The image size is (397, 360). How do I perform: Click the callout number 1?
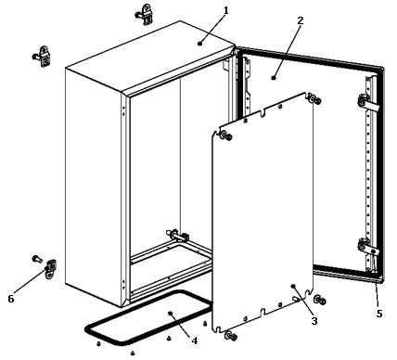point(226,11)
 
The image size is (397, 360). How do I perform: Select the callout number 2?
point(301,20)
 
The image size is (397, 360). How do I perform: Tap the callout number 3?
point(314,321)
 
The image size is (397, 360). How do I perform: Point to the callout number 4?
point(194,341)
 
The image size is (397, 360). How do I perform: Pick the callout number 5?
point(379,314)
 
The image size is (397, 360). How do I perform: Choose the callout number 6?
point(11,299)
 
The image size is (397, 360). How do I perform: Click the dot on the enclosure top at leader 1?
point(200,44)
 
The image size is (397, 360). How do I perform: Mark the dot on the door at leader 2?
point(274,78)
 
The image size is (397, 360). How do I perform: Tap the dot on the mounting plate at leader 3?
point(293,286)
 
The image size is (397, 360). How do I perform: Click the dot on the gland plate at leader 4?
point(170,314)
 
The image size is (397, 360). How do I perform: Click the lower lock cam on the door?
point(367,247)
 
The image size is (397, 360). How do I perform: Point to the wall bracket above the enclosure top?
point(145,15)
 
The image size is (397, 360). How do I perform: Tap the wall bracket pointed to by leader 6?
point(50,269)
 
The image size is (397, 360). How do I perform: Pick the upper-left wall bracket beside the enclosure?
point(43,57)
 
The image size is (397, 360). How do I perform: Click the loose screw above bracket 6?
point(37,259)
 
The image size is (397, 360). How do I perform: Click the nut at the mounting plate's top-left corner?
point(226,135)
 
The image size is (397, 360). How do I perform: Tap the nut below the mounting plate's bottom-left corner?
point(231,335)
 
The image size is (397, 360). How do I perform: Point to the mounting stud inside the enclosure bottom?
point(178,236)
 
